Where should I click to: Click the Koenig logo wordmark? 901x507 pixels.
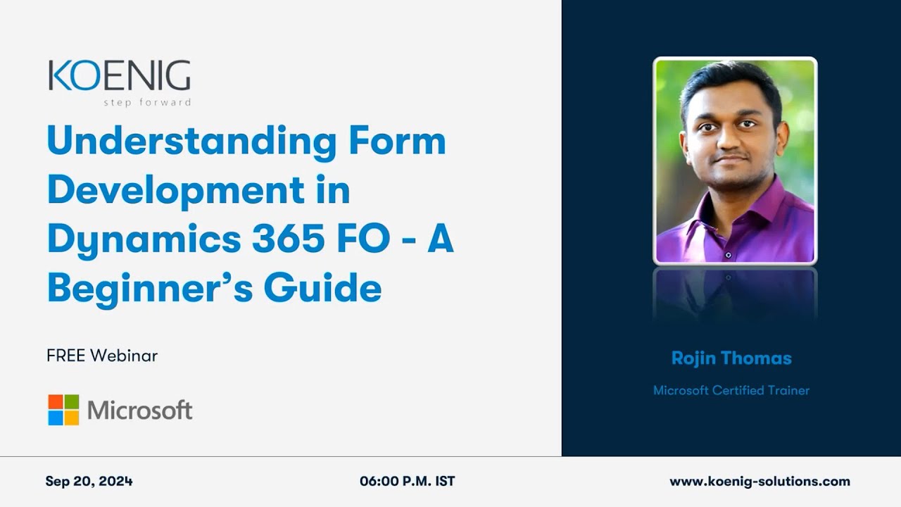pyautogui.click(x=119, y=76)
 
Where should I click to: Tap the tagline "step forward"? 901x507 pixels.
pyautogui.click(x=146, y=102)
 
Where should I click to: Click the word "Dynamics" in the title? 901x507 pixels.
pyautogui.click(x=138, y=239)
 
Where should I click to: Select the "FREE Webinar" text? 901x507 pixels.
pyautogui.click(x=102, y=356)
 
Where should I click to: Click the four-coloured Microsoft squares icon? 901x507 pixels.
pyautogui.click(x=63, y=410)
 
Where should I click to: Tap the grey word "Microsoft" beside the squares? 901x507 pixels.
pyautogui.click(x=139, y=410)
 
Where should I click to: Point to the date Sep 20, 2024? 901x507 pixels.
pyautogui.click(x=89, y=482)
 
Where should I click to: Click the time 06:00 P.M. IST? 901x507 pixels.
pyautogui.click(x=407, y=482)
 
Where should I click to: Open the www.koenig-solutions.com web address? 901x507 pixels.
pyautogui.click(x=760, y=482)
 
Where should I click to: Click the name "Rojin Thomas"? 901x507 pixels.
pyautogui.click(x=731, y=358)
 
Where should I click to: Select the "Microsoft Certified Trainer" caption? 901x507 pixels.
pyautogui.click(x=731, y=390)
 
